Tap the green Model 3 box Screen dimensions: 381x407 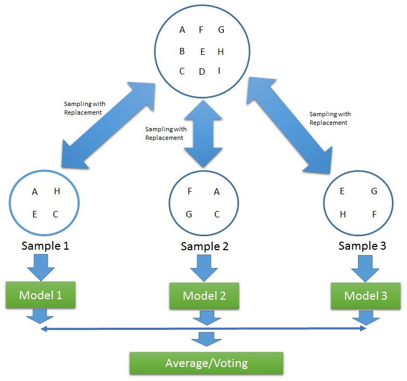click(x=366, y=296)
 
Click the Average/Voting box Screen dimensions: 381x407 click(x=206, y=363)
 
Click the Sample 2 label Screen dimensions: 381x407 click(x=205, y=246)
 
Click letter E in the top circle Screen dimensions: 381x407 click(x=202, y=52)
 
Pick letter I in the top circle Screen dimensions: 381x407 click(x=219, y=70)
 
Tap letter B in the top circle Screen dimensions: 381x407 click(x=182, y=52)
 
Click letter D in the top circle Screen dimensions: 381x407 click(x=202, y=72)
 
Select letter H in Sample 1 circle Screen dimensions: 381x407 click(x=57, y=192)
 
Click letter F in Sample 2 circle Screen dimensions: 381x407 click(x=190, y=192)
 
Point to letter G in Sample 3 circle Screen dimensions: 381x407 click(x=374, y=192)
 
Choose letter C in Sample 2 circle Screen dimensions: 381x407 click(x=216, y=214)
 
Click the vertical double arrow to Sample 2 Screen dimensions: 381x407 click(x=203, y=133)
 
